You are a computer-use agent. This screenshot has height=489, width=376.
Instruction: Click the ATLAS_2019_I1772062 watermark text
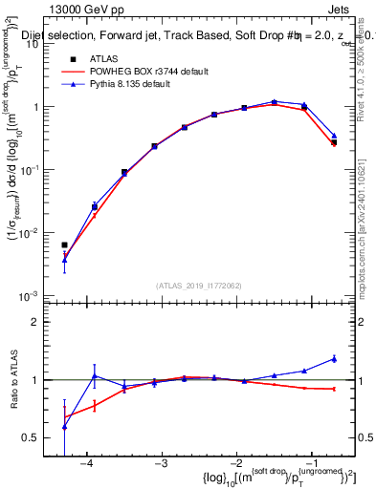tap(199, 286)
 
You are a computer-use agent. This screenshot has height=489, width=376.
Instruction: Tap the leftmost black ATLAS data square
tap(64, 245)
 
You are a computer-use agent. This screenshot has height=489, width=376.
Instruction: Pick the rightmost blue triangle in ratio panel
tap(334, 358)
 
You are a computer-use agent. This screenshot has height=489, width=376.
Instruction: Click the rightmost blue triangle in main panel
tap(334, 136)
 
